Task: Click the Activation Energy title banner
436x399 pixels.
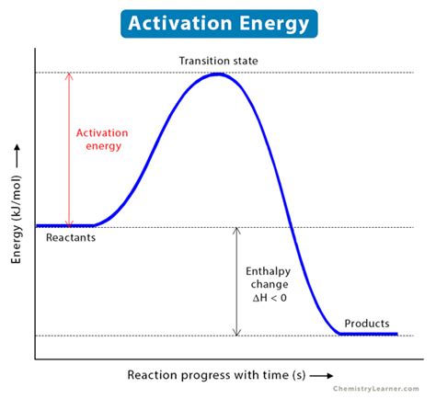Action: [x=217, y=21]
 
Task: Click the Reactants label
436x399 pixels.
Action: [x=71, y=238]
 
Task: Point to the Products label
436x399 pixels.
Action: [x=366, y=324]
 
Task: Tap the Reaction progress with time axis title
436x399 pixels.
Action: [x=217, y=376]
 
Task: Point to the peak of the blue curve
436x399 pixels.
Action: [x=217, y=74]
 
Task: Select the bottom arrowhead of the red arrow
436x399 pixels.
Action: [x=68, y=222]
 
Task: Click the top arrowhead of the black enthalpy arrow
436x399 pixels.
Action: [x=236, y=230]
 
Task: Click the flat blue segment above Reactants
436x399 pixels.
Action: [x=64, y=225]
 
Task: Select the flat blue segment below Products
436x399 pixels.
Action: [x=368, y=335]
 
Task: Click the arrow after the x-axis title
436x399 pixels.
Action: [x=322, y=376]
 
